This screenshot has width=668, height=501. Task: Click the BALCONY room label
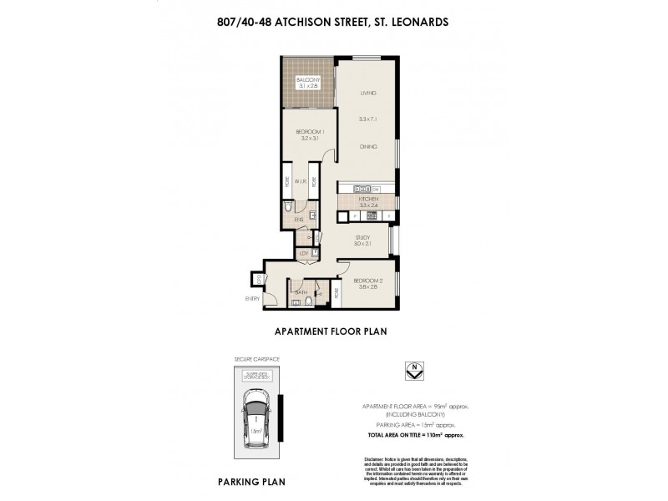(307, 79)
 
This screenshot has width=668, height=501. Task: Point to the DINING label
(368, 147)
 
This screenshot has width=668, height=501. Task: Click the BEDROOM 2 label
(367, 280)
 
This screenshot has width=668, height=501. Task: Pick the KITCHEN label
(368, 200)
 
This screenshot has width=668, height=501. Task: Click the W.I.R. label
(299, 180)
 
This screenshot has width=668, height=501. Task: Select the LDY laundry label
(304, 253)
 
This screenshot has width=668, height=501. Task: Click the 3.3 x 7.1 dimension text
(368, 120)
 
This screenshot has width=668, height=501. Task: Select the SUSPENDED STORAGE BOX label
(256, 376)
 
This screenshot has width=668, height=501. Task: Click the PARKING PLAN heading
(253, 482)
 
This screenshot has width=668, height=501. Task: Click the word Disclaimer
(374, 460)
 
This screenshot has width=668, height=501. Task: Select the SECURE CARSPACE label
(256, 360)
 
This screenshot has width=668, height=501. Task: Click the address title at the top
(333, 23)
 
